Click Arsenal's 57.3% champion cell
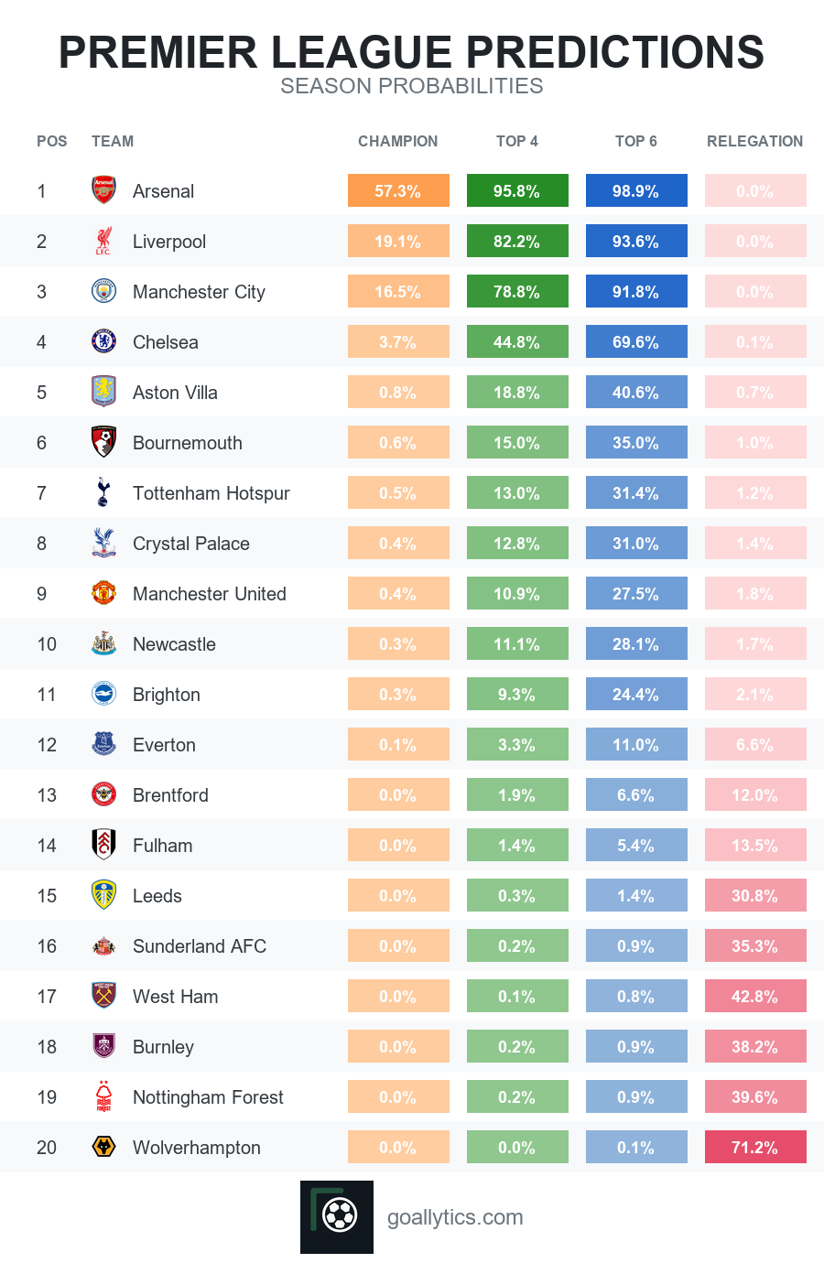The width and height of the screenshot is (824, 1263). pos(398,190)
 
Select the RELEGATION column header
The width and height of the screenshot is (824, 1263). pos(754,141)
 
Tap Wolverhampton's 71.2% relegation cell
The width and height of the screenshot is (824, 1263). pos(755,1147)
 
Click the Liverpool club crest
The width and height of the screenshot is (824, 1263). pos(103,241)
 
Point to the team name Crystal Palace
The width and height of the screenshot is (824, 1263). pos(191,544)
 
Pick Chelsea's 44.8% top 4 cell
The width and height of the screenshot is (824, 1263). pos(517,341)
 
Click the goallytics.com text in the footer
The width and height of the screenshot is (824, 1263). pos(455,1217)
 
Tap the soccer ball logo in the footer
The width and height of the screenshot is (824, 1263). pos(337,1216)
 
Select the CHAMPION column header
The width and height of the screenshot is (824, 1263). pos(397,141)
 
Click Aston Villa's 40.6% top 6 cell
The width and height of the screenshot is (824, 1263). pos(636,392)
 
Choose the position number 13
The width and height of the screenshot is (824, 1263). pos(47,795)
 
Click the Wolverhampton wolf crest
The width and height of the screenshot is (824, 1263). pos(103,1147)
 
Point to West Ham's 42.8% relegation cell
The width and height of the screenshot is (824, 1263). pos(755,997)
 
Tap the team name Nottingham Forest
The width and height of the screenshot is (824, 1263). pos(208,1097)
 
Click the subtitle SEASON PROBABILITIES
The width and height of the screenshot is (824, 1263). pos(412,86)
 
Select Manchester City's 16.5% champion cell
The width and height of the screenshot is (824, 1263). pos(398,292)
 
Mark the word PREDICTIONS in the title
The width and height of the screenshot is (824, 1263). pos(614,52)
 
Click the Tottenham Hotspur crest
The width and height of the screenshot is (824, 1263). pos(103,492)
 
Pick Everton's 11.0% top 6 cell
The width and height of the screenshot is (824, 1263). pos(636,744)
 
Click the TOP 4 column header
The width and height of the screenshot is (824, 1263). pos(517,141)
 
